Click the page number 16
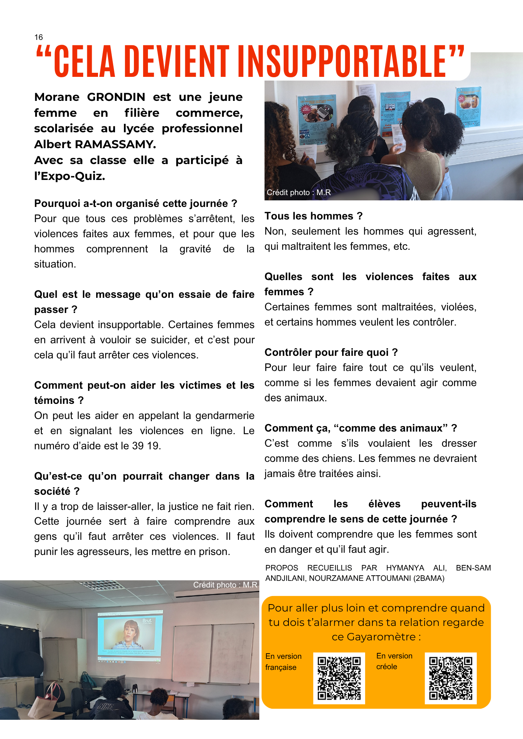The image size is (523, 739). [38, 37]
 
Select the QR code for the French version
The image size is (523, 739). [339, 678]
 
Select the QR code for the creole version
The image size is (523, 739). [450, 678]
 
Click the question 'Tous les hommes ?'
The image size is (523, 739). [313, 216]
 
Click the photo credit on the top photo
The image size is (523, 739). [298, 193]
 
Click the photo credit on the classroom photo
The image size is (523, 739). [225, 585]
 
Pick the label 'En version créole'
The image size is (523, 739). [394, 661]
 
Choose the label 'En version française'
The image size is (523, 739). [283, 662]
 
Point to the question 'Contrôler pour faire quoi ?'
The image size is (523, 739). [331, 353]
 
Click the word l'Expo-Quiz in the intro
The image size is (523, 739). [70, 176]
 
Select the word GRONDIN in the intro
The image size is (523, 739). [116, 97]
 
